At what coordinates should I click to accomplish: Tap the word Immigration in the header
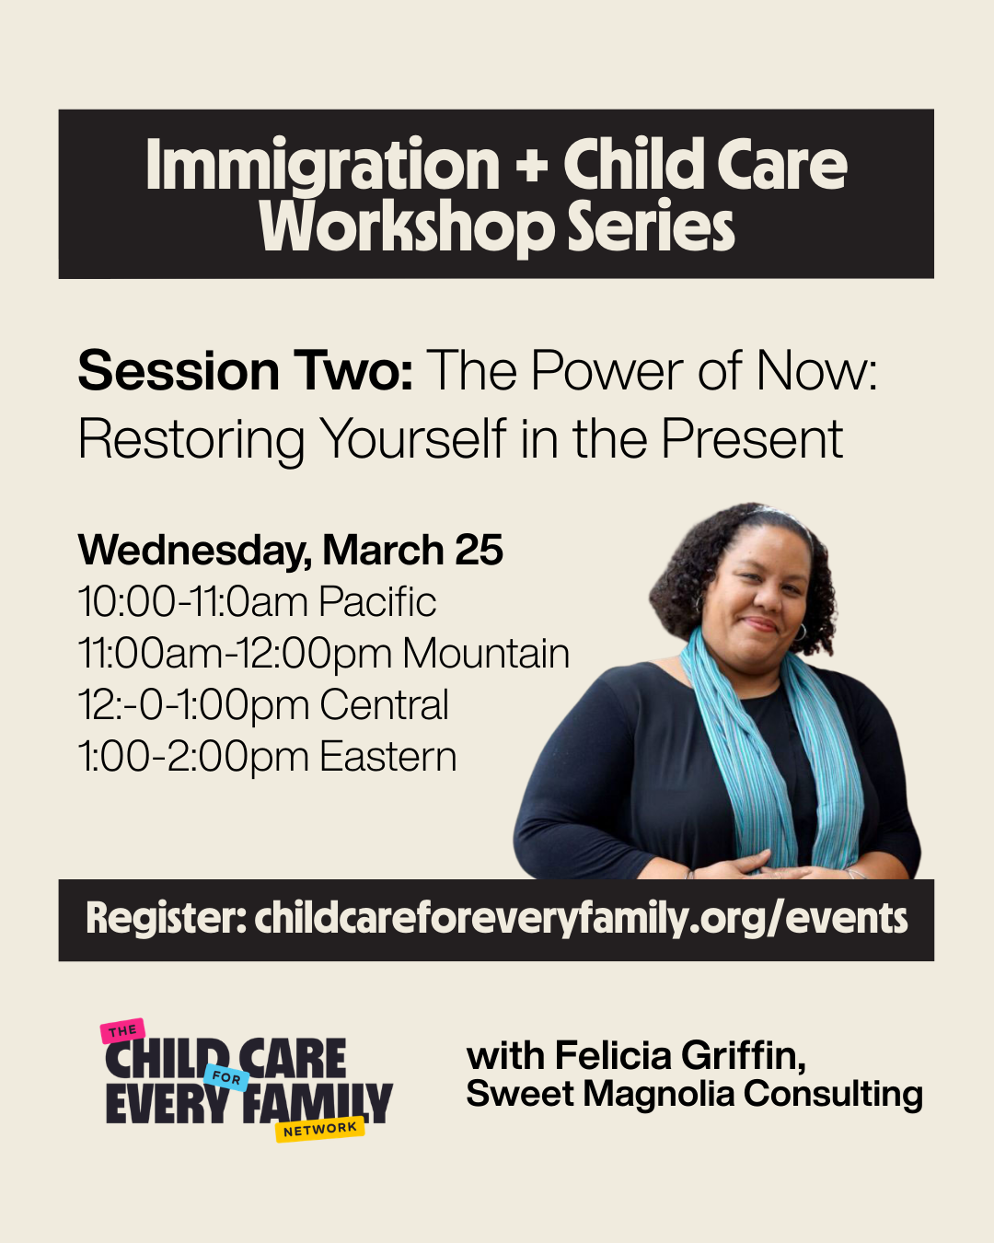click(322, 165)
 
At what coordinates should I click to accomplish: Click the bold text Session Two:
click(246, 371)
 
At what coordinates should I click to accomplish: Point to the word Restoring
click(191, 439)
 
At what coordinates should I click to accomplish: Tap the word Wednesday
click(191, 551)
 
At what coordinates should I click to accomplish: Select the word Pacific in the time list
click(377, 602)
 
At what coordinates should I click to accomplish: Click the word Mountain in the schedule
click(486, 654)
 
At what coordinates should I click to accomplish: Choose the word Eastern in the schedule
click(388, 757)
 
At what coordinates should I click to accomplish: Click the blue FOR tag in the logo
click(226, 1077)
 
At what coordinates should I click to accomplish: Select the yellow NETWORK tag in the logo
click(319, 1129)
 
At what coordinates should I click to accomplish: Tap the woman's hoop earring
click(799, 632)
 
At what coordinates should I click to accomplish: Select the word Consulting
click(832, 1095)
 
